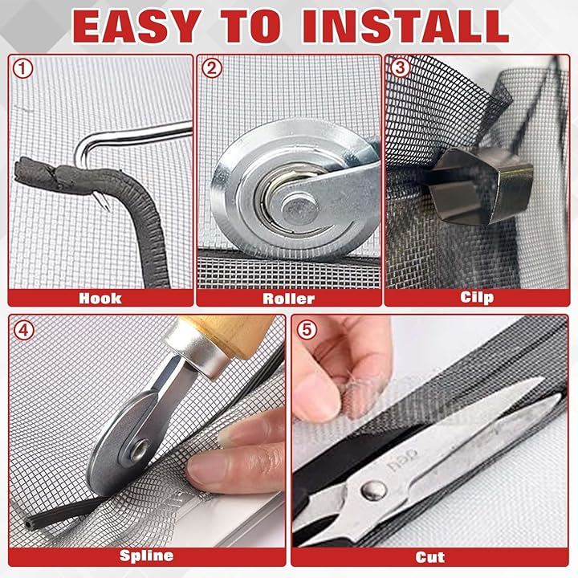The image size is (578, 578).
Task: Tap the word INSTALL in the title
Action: (x=405, y=26)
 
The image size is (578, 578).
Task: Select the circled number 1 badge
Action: (x=22, y=68)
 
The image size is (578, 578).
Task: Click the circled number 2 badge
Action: (x=212, y=68)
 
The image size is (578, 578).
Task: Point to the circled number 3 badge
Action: (x=400, y=67)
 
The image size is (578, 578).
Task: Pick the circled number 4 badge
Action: (x=23, y=330)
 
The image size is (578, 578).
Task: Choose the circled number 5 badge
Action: (x=307, y=330)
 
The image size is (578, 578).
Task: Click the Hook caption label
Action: (x=100, y=298)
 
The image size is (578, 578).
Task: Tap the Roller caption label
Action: (x=289, y=299)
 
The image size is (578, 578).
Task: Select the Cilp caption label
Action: (x=477, y=298)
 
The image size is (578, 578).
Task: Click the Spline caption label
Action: (x=146, y=556)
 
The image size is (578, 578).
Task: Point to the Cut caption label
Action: (x=429, y=557)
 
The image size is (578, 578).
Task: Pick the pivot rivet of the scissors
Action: (x=373, y=490)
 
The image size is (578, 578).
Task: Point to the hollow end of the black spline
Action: (x=29, y=523)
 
